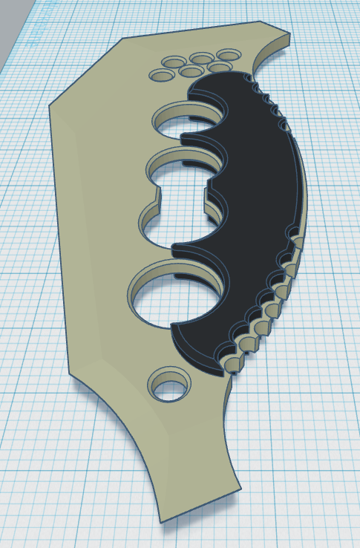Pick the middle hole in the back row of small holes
[201, 58]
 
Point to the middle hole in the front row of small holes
[191, 71]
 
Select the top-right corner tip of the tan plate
[288, 36]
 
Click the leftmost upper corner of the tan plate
[50, 105]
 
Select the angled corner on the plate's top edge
[122, 38]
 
